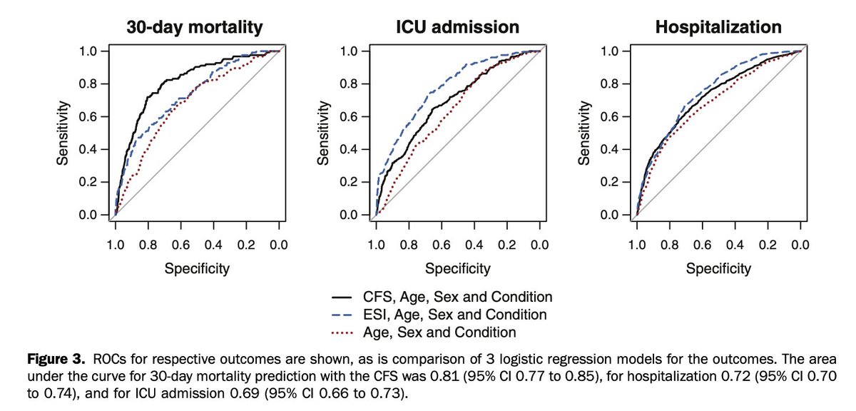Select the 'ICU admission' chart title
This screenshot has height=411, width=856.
tap(458, 28)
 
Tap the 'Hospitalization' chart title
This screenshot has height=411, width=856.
tap(718, 28)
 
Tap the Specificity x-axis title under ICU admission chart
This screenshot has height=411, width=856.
tap(458, 269)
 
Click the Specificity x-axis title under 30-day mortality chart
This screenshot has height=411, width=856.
tap(197, 269)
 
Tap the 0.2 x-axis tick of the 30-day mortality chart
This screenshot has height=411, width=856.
tap(245, 245)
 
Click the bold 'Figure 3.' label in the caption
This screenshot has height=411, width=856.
tap(44, 358)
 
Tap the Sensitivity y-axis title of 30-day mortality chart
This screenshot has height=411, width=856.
tap(62, 132)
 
